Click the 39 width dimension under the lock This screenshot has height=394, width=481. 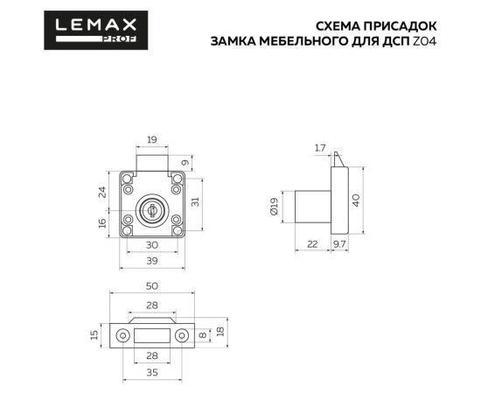click(x=152, y=262)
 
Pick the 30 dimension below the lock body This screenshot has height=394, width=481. click(x=152, y=245)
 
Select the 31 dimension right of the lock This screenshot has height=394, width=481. click(x=197, y=202)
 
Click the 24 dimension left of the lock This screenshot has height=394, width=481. click(x=102, y=191)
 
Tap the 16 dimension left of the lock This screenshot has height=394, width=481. click(x=102, y=223)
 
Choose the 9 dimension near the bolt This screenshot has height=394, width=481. click(x=185, y=162)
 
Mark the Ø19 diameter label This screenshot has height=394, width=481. click(x=274, y=206)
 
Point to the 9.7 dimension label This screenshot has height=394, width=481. click(x=340, y=245)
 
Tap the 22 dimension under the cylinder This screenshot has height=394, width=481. click(x=313, y=245)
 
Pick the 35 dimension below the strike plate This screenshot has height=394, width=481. click(x=152, y=372)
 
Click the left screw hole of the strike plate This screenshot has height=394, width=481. click(x=123, y=334)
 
